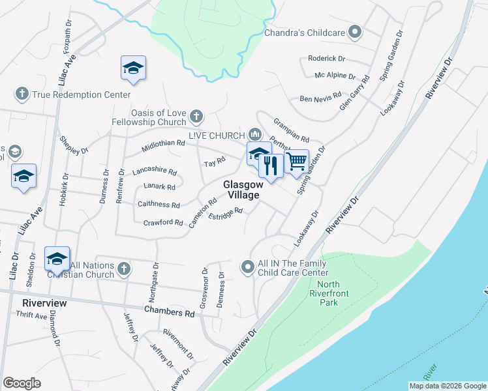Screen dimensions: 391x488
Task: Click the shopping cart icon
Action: tap(297, 160)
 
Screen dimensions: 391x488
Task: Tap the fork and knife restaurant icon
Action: tap(270, 166)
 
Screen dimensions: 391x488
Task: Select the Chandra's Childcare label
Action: tap(305, 32)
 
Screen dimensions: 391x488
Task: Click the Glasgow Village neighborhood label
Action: tap(241, 190)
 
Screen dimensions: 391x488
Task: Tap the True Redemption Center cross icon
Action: tap(22, 94)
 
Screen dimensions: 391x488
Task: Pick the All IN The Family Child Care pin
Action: tap(248, 267)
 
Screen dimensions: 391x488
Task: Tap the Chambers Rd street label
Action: tap(170, 313)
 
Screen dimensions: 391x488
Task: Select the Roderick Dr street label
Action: tap(326, 58)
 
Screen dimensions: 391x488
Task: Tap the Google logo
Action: tap(22, 383)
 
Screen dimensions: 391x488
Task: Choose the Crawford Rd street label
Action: tap(162, 223)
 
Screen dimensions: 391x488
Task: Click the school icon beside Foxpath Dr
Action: tap(133, 68)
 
